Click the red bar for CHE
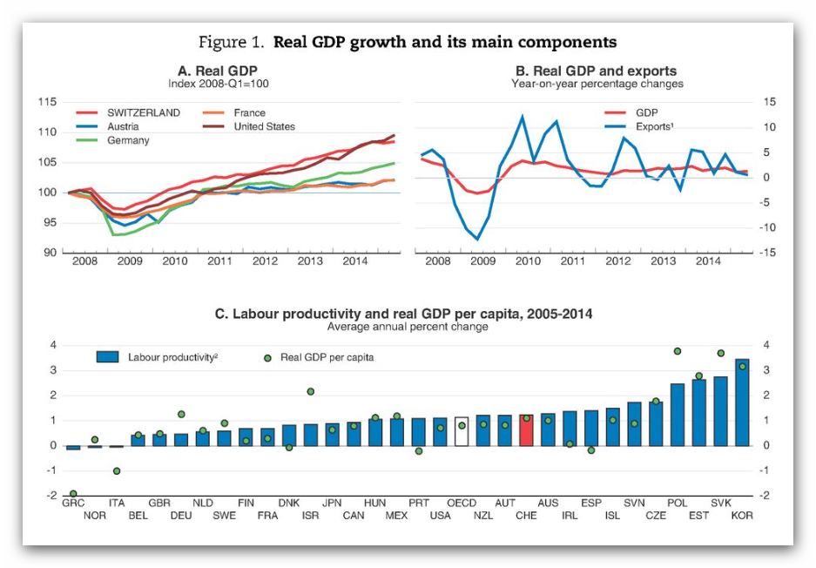526,430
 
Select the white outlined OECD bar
462,431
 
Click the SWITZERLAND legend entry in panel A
144,113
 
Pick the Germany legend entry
128,140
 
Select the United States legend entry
264,126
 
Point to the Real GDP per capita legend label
327,357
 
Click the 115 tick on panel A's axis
48,102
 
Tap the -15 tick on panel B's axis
770,253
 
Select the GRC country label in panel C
73,504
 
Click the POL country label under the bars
678,504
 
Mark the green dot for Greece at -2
73,494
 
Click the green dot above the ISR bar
311,392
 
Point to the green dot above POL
678,351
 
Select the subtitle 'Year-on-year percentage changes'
597,84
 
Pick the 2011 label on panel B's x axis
572,260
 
